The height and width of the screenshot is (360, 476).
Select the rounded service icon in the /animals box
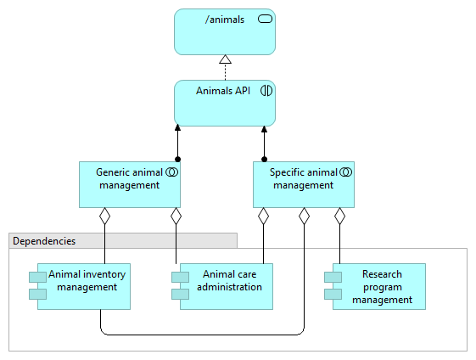pyautogui.click(x=265, y=20)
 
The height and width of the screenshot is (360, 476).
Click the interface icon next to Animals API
pyautogui.click(x=266, y=91)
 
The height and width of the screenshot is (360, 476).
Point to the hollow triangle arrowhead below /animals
pyautogui.click(x=225, y=59)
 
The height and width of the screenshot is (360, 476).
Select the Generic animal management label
pyautogui.click(x=129, y=178)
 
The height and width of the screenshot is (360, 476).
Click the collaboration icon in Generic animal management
pyautogui.click(x=172, y=172)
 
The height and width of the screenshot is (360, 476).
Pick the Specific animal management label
pyautogui.click(x=303, y=178)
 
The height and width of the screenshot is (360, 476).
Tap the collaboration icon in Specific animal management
pyautogui.click(x=345, y=172)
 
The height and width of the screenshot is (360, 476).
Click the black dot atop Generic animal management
pyautogui.click(x=178, y=159)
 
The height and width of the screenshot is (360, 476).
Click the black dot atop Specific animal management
pyautogui.click(x=264, y=159)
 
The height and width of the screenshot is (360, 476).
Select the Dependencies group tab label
pyautogui.click(x=44, y=241)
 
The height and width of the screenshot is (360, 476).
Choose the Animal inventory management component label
pyautogui.click(x=87, y=281)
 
